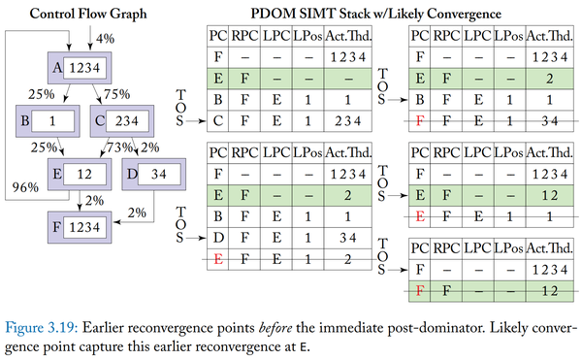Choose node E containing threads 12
(75, 177)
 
